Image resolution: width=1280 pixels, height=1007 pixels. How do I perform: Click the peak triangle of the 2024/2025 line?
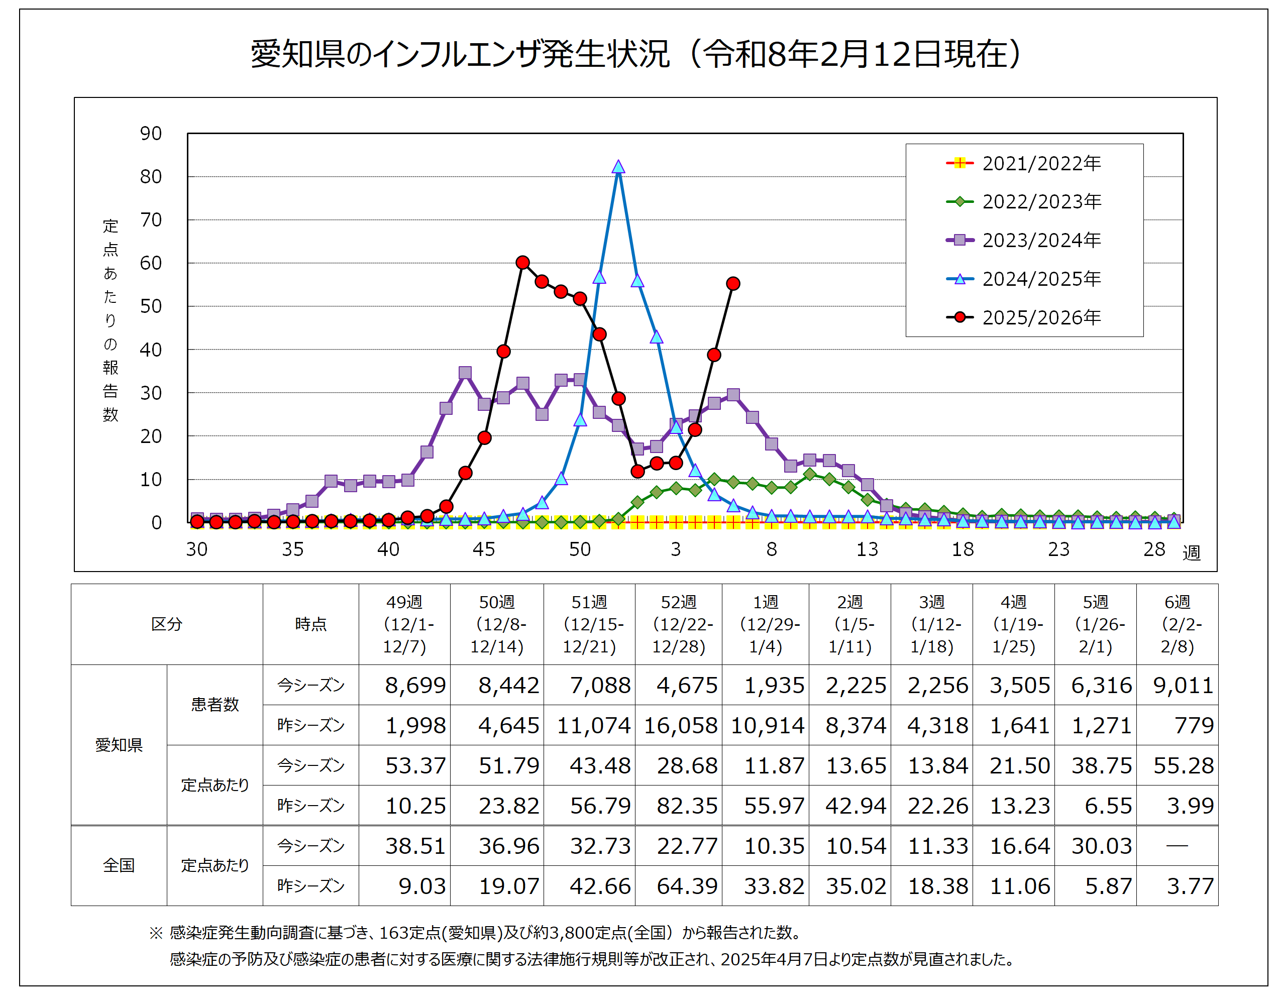tap(617, 167)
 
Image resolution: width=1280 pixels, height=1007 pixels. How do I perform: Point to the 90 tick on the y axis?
tap(150, 134)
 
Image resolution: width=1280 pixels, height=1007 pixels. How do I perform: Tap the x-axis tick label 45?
tap(483, 549)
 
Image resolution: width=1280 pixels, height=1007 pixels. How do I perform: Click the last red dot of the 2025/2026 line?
tap(732, 284)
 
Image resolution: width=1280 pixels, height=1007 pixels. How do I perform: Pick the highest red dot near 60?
tap(522, 262)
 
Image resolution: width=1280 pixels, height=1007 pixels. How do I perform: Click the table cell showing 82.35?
tap(686, 806)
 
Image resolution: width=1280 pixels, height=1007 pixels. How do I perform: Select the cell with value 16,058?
tap(680, 725)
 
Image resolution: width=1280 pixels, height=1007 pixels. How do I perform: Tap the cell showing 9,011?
tap(1182, 685)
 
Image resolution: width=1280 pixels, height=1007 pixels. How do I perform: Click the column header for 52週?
tap(678, 624)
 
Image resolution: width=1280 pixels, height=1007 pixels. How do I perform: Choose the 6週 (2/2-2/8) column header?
tap(1177, 624)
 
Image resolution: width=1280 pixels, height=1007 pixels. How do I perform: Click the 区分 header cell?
tap(166, 624)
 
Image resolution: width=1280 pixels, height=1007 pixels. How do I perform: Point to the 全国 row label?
tap(119, 865)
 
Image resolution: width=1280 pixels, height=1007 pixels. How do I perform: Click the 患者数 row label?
tap(215, 705)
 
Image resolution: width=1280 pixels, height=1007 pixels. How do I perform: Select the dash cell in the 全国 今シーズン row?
tap(1177, 845)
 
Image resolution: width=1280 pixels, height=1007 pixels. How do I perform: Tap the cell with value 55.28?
tap(1182, 765)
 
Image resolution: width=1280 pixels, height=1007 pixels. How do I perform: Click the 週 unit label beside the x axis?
tap(1191, 552)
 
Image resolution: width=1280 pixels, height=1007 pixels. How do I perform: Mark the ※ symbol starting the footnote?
tap(156, 933)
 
